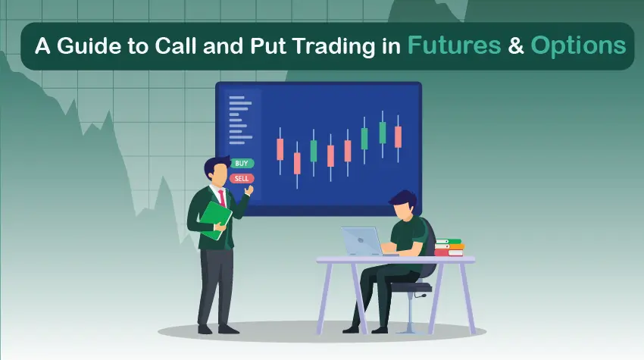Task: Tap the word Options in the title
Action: click(x=578, y=45)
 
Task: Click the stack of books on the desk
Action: click(x=449, y=247)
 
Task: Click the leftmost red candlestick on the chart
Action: click(x=280, y=149)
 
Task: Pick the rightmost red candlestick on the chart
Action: click(x=399, y=136)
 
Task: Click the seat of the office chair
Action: click(x=412, y=287)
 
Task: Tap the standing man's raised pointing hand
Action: click(x=247, y=193)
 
